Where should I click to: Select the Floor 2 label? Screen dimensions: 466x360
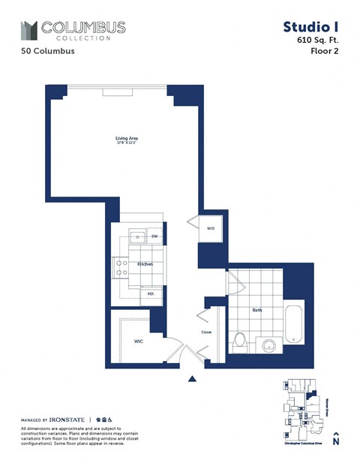[323, 53]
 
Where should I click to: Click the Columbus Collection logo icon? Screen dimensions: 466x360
[28, 31]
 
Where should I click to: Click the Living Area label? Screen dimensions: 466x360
[126, 139]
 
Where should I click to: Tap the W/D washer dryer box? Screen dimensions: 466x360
[210, 228]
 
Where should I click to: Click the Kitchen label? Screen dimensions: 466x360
[145, 264]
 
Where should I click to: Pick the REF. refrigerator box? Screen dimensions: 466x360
[151, 293]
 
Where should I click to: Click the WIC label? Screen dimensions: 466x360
[139, 341]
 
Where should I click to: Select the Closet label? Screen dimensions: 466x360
[206, 331]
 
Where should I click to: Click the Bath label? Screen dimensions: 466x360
[257, 310]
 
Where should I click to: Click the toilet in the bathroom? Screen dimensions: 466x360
[240, 342]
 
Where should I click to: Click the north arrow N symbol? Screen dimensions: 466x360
[336, 440]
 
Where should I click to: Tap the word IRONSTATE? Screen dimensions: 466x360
[68, 419]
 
